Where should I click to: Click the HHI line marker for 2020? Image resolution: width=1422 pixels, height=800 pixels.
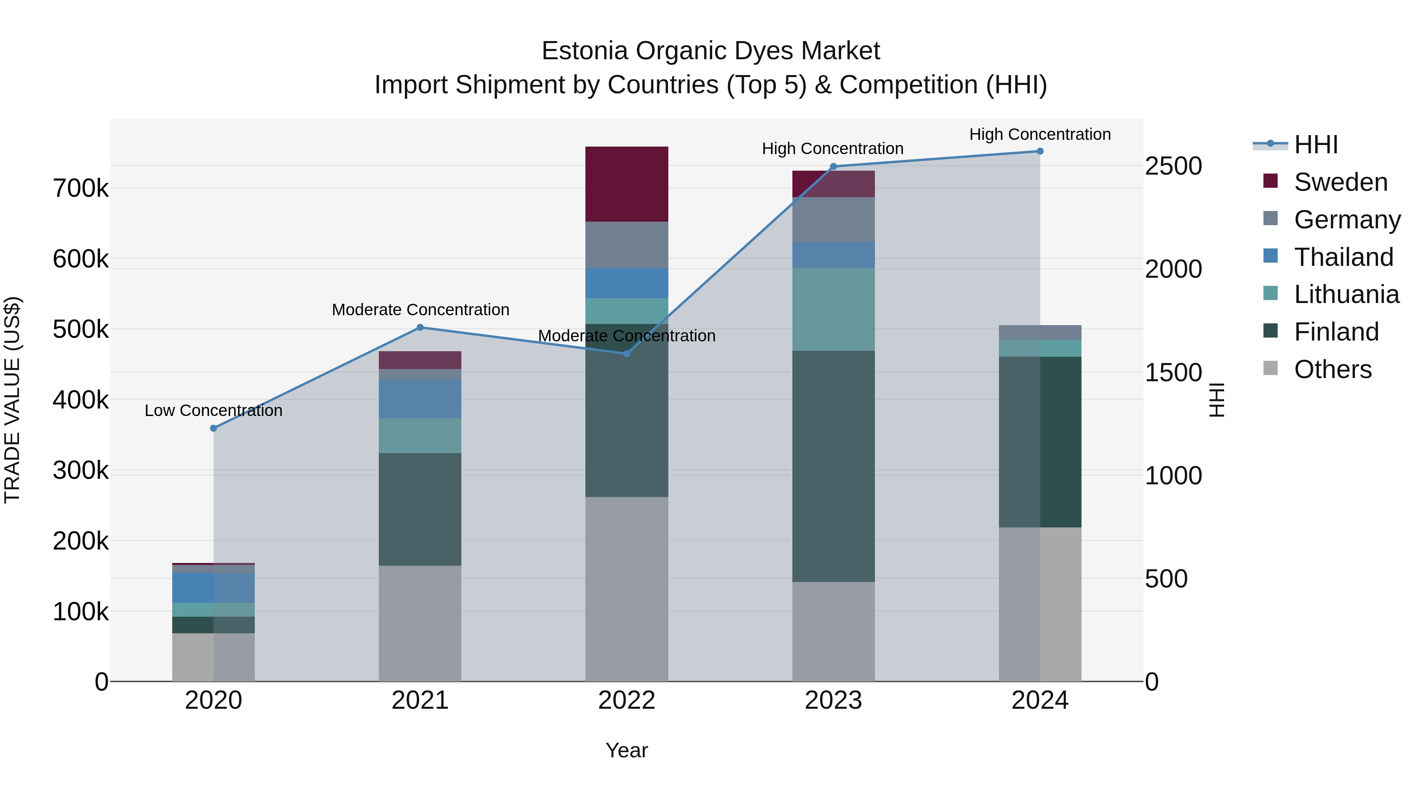point(214,428)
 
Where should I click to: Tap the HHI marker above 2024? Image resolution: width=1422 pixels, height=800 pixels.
point(1040,151)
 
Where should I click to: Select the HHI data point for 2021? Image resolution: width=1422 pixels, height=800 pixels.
point(420,328)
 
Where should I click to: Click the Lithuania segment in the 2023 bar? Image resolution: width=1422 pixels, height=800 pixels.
point(833,309)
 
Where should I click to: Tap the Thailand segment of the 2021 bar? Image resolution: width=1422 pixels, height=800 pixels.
point(420,399)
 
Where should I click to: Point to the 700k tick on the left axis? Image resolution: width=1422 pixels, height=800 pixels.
point(81,189)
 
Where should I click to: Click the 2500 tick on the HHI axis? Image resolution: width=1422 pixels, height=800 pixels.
point(1173,166)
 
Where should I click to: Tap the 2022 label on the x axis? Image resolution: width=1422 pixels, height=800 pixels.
point(626,700)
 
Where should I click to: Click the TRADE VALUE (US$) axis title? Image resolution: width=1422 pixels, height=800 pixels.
point(12,400)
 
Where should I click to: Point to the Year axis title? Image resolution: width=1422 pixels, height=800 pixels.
point(626,750)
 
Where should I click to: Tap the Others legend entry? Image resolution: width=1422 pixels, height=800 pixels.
point(1333,369)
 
